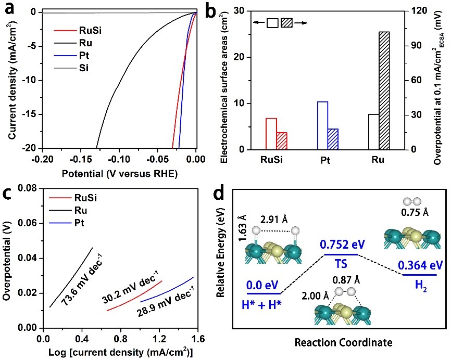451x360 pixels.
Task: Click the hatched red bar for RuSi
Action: (282, 141)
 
